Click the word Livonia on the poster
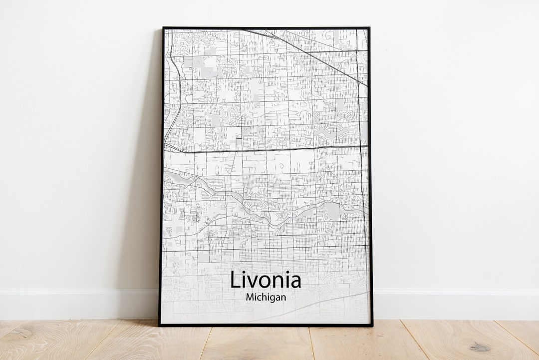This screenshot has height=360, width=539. click(x=265, y=280)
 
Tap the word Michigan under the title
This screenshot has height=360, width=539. click(x=266, y=297)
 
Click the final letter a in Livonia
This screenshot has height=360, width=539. click(x=295, y=282)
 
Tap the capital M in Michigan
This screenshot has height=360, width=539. click(x=250, y=297)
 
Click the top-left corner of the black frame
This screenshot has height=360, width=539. click(x=163, y=28)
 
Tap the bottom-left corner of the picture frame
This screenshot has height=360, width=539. click(x=160, y=326)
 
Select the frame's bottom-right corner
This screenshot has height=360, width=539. click(x=372, y=326)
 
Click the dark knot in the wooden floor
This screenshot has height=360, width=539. click(x=480, y=346)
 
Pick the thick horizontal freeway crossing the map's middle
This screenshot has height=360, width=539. click(x=265, y=149)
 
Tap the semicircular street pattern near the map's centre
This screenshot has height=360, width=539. click(x=256, y=191)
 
